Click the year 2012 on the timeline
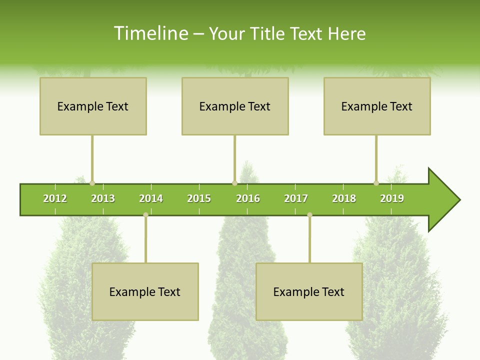point(55,198)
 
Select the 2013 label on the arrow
point(103,198)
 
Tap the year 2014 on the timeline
point(151,198)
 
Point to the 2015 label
point(199,198)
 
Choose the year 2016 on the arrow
point(248,198)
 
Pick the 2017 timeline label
point(296,198)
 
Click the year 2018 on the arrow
point(344,198)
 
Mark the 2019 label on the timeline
point(392,198)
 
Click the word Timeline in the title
point(150,33)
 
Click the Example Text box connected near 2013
point(93,106)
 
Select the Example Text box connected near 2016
point(235,106)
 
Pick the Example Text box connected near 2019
point(377,106)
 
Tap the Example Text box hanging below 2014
point(145,291)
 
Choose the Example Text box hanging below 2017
point(309,291)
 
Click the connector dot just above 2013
point(92,183)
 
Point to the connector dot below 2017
point(309,215)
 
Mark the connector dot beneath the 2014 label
point(145,215)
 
